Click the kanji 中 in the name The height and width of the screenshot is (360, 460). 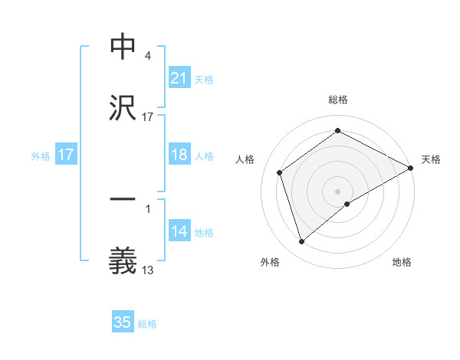click(x=123, y=47)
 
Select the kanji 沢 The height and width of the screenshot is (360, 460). click(x=123, y=107)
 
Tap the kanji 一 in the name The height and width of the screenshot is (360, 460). click(x=123, y=198)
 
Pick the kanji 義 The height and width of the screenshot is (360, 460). click(x=123, y=260)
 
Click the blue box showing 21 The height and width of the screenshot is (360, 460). click(x=179, y=77)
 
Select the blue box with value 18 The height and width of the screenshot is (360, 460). click(x=179, y=155)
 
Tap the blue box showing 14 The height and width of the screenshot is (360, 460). click(x=179, y=231)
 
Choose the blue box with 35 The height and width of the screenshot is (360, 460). click(x=123, y=322)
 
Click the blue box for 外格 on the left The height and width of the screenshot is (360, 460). click(x=66, y=155)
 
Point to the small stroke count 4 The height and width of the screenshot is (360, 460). click(x=147, y=56)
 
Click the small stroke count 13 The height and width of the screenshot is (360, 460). click(x=148, y=270)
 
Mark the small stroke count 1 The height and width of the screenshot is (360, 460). click(x=147, y=208)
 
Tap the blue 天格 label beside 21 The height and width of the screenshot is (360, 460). click(x=204, y=79)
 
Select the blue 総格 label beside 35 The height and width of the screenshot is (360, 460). click(x=147, y=324)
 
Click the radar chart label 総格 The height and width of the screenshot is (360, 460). click(x=337, y=100)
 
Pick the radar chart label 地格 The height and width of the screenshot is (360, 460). click(x=402, y=263)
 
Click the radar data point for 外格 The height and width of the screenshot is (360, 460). click(x=301, y=242)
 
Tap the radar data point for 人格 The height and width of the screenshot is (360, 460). click(x=280, y=172)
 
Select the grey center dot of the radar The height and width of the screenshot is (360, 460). click(x=338, y=191)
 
